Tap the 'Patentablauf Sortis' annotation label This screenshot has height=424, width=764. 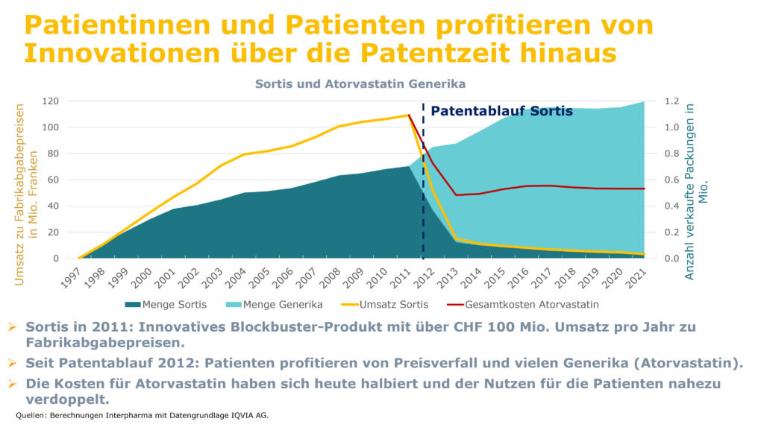click(x=501, y=112)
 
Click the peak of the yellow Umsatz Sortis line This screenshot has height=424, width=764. click(x=409, y=115)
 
